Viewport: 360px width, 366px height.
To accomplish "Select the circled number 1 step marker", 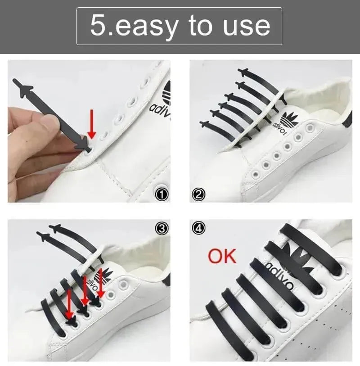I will tap(161, 194).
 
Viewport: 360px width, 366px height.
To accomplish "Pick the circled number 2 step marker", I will tap(198, 194).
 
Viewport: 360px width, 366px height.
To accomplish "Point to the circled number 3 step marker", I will tap(161, 229).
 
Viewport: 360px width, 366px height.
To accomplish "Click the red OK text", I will tap(222, 256).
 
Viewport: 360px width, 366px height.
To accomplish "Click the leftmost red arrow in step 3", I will tap(69, 304).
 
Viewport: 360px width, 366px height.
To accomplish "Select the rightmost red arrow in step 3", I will tap(100, 284).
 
